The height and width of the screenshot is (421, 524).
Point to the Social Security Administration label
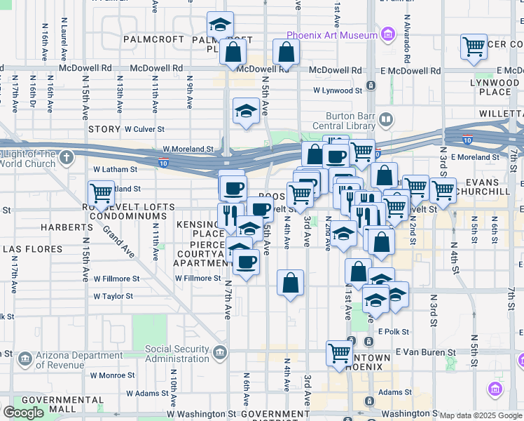pyautogui.click(x=177, y=354)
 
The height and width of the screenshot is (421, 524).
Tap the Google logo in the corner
pyautogui.click(x=24, y=413)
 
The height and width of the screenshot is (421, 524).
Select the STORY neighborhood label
pyautogui.click(x=104, y=129)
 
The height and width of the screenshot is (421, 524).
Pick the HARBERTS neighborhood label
pyautogui.click(x=62, y=227)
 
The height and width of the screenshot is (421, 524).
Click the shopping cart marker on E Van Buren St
pyautogui.click(x=340, y=352)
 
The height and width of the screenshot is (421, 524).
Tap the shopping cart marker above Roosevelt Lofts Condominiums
pyautogui.click(x=101, y=192)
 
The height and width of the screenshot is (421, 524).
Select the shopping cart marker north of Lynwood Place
pyautogui.click(x=474, y=46)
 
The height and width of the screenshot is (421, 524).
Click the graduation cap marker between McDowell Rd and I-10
pyautogui.click(x=246, y=111)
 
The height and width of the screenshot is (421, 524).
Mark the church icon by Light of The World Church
pyautogui.click(x=66, y=156)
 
